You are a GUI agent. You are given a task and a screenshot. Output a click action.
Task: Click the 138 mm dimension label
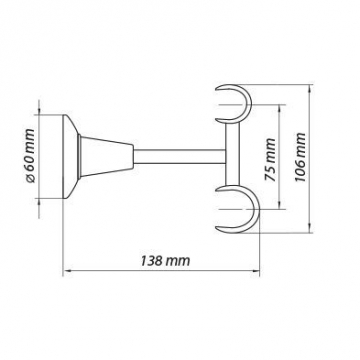pyautogui.click(x=165, y=261)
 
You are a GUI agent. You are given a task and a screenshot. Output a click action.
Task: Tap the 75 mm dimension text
pyautogui.click(x=270, y=160)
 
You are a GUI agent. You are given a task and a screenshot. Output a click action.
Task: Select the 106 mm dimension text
pyautogui.click(x=300, y=157)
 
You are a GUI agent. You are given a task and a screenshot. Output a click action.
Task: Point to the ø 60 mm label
pyautogui.click(x=29, y=156)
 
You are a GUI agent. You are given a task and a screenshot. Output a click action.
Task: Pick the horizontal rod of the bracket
pyautogui.click(x=180, y=157)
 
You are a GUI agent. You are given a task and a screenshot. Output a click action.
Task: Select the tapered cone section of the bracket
pyautogui.click(x=107, y=157)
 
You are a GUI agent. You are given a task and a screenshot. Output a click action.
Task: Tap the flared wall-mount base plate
pyautogui.click(x=70, y=157)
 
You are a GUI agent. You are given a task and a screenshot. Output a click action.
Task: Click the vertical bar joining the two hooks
pyautogui.click(x=233, y=154)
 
